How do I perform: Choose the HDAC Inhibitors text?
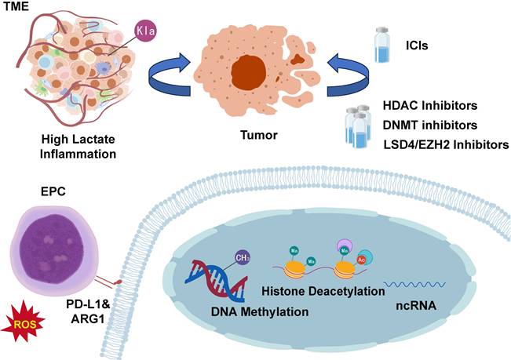(x=440, y=104)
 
